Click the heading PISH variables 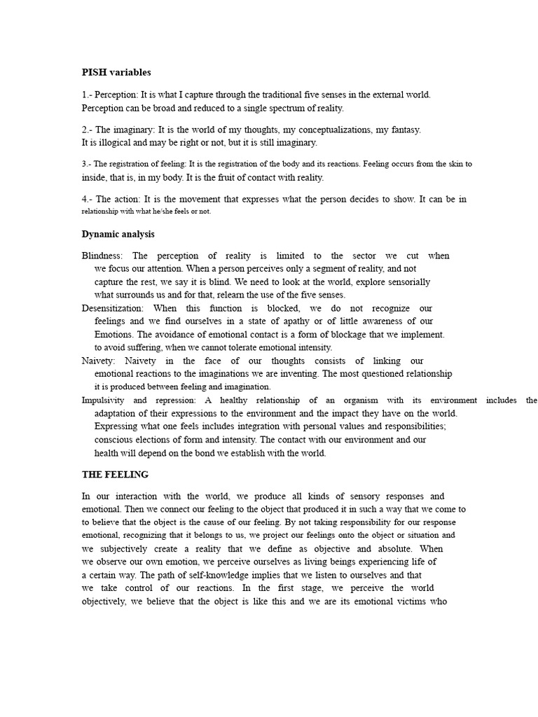tap(116, 72)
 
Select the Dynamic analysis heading tap(118, 235)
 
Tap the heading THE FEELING tap(115, 475)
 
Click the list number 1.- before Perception tap(87, 95)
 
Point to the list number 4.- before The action tap(87, 200)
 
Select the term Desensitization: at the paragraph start tap(113, 309)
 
